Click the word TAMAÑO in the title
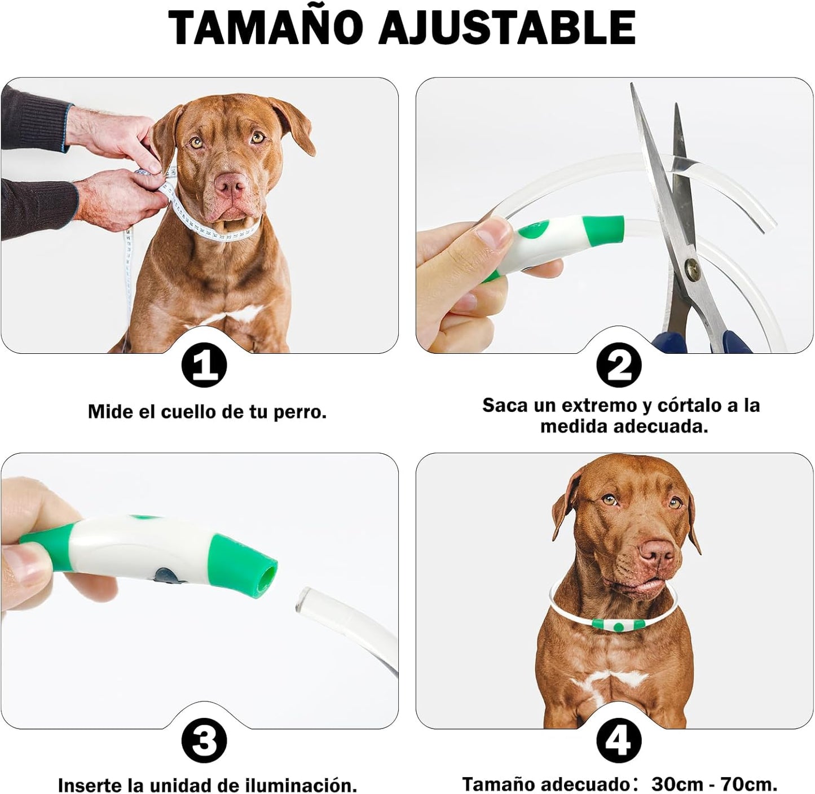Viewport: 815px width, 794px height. click(265, 27)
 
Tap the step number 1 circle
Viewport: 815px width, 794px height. click(204, 366)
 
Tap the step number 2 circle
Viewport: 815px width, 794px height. click(619, 365)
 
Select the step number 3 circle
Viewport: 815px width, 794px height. click(204, 741)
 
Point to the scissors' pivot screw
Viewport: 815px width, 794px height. click(691, 267)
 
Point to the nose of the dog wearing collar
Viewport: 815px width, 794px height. click(656, 550)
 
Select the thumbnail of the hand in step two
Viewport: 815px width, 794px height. click(493, 232)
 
